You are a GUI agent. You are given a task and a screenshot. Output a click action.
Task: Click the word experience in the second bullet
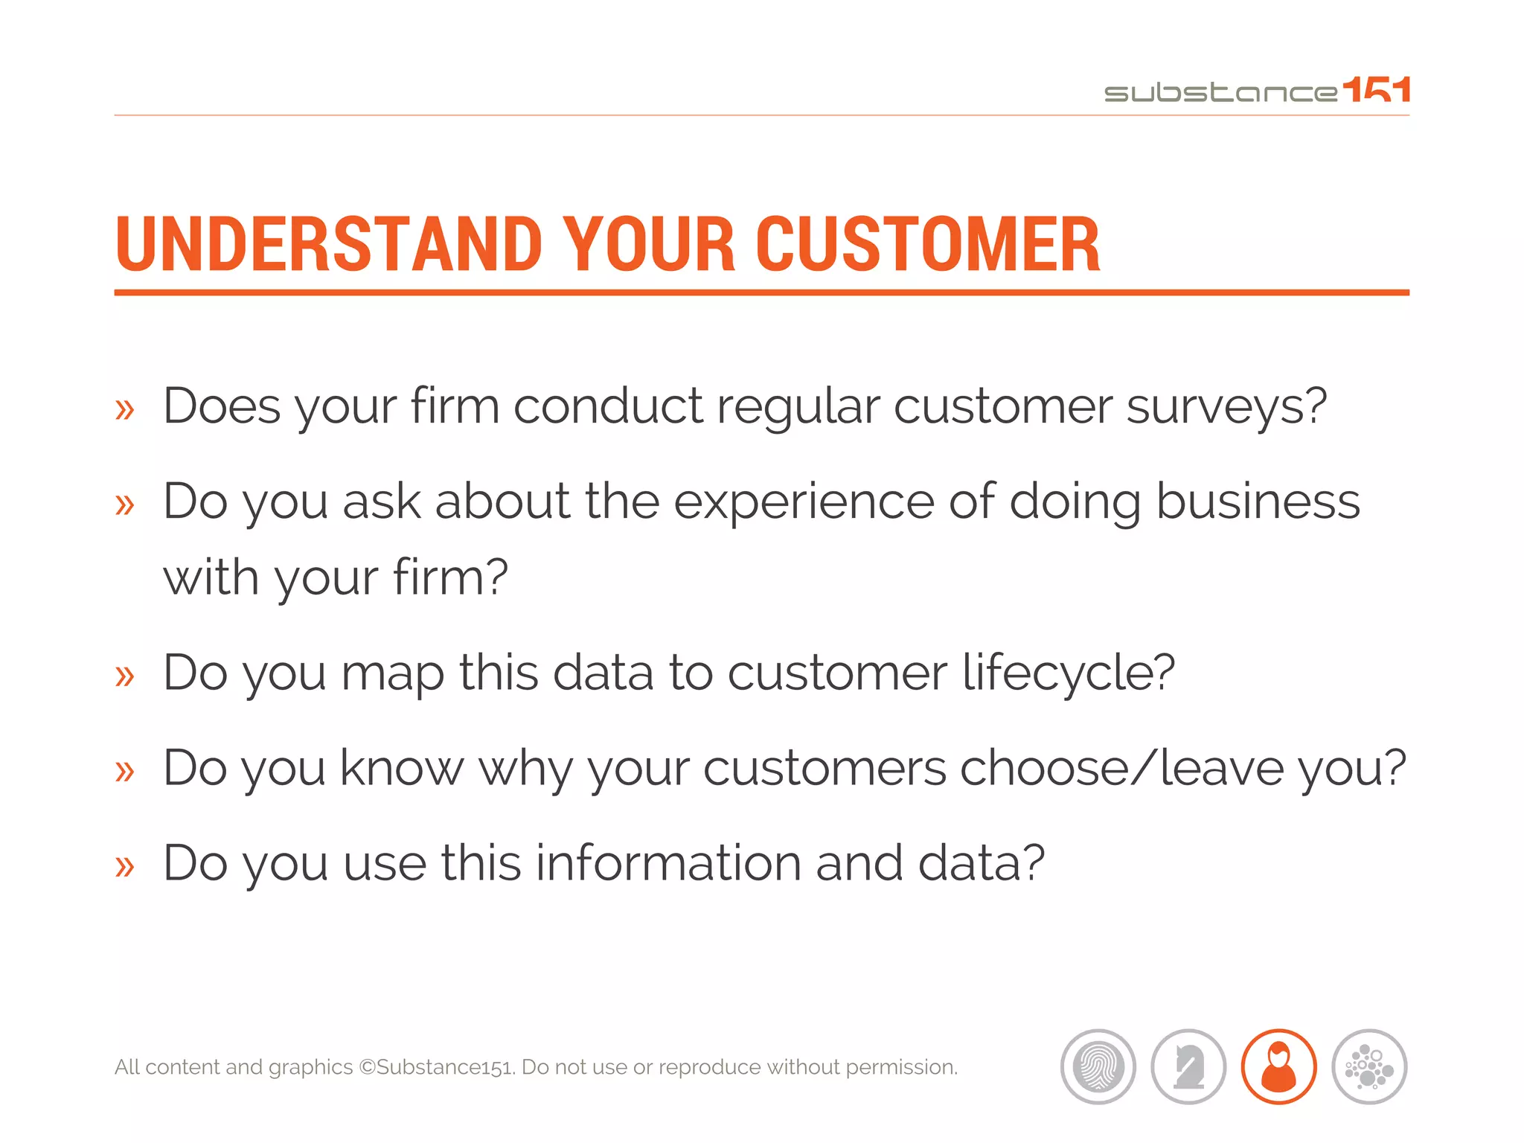[x=804, y=502]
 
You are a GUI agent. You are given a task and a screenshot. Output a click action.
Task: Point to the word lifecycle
[x=1068, y=673]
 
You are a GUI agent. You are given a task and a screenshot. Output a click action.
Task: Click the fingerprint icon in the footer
[x=1098, y=1066]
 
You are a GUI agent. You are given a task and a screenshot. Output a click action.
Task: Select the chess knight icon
[x=1188, y=1066]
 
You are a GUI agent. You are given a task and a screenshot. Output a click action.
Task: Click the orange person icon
[x=1278, y=1066]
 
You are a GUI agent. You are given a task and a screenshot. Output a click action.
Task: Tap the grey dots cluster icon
[x=1369, y=1066]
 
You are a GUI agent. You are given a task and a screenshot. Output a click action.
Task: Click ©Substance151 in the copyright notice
[x=437, y=1067]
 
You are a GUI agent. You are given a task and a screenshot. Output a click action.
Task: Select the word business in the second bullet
[x=1258, y=502]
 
